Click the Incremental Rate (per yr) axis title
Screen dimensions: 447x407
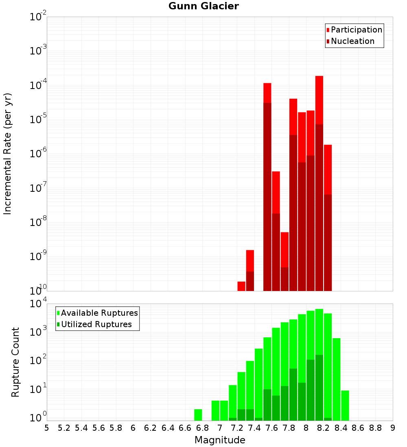[x=8, y=154]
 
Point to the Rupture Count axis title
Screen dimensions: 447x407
[x=15, y=362]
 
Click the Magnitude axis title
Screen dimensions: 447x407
[x=220, y=440]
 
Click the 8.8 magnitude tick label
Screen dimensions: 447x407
[x=375, y=428]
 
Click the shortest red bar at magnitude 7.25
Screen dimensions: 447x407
[x=241, y=286]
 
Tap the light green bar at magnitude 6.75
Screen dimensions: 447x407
[x=198, y=415]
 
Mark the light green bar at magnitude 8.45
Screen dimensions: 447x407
[x=345, y=406]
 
